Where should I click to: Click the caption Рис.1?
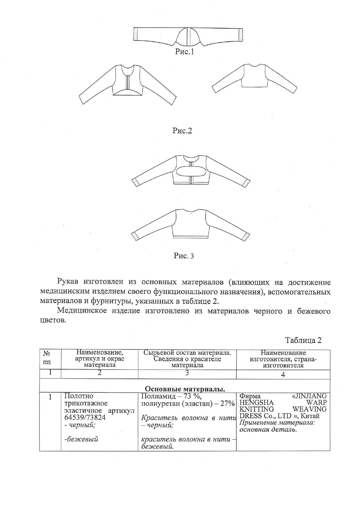184,52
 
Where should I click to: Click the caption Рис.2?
182,131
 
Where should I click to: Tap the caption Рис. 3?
184,256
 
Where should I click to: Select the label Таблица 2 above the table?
303,340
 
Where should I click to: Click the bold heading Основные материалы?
185,389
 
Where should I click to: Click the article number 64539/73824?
85,418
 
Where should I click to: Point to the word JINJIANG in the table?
309,396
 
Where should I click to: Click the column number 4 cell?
283,374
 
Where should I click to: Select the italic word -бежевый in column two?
81,440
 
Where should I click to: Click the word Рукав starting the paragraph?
68,282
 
